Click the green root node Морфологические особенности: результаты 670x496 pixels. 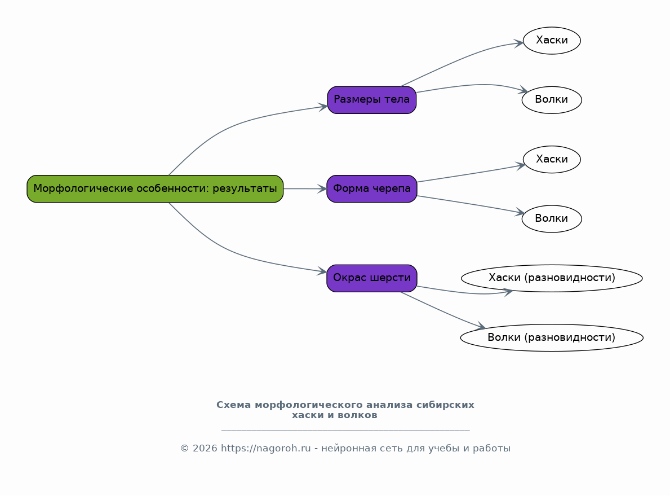[x=155, y=188]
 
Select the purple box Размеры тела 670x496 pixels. [x=372, y=100]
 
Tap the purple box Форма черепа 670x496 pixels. [x=372, y=188]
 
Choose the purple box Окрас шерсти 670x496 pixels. [x=372, y=278]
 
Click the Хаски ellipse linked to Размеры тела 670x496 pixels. [x=552, y=40]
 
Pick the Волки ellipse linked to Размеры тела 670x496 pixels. [x=552, y=100]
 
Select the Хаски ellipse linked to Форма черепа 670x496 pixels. [x=552, y=159]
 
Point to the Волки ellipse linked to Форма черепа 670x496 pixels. [x=552, y=218]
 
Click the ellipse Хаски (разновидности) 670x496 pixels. [x=552, y=278]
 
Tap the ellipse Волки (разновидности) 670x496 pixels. [x=552, y=337]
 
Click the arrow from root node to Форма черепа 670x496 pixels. [x=304, y=188]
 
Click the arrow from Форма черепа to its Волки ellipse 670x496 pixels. [x=468, y=204]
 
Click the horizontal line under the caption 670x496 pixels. [x=345, y=431]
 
